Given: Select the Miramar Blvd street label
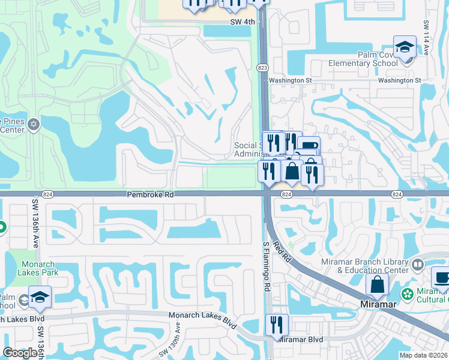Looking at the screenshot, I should point(301,340).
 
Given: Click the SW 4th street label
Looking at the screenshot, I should point(243,22).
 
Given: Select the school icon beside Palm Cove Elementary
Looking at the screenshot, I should point(405,47).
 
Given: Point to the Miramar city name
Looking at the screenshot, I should point(378,304).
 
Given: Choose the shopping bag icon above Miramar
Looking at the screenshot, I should point(377,284).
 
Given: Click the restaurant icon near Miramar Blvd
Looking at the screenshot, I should point(277,325).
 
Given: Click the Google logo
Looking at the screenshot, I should point(20,353).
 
